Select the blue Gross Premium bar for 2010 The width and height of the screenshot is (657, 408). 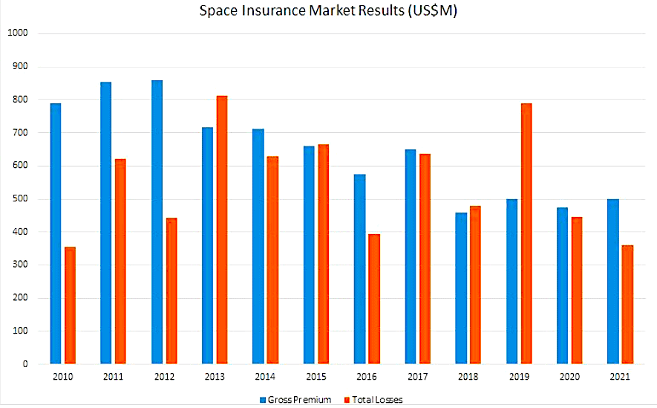click(x=56, y=234)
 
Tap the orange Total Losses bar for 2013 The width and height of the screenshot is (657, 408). click(x=222, y=230)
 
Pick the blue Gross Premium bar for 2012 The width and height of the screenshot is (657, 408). click(x=157, y=222)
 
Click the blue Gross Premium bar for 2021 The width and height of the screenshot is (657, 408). click(x=612, y=282)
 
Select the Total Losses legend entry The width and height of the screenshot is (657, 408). click(x=375, y=400)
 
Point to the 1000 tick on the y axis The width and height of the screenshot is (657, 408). click(x=17, y=33)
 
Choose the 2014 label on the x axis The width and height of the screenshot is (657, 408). click(x=265, y=378)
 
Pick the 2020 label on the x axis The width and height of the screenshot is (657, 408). click(x=569, y=378)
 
